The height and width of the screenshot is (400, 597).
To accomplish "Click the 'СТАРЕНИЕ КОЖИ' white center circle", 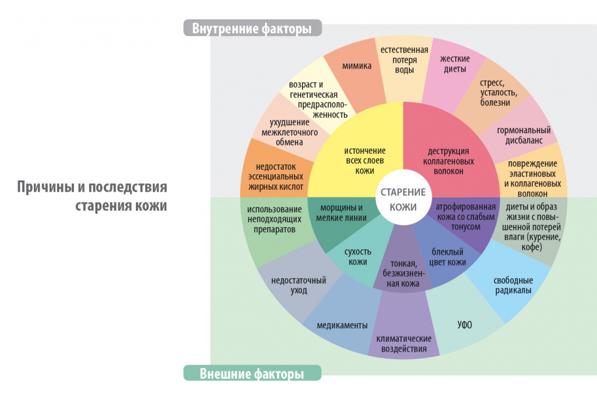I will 403,199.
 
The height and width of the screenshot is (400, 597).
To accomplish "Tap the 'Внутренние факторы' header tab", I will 252,28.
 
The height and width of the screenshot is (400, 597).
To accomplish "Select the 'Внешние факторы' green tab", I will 252,373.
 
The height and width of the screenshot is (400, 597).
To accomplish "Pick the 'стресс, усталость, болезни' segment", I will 495,93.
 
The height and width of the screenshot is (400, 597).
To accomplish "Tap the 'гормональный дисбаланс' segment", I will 524,134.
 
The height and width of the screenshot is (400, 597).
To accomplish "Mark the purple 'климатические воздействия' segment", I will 403,343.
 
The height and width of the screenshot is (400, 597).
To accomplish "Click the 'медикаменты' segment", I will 342,324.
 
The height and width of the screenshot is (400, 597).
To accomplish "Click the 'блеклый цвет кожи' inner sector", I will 448,256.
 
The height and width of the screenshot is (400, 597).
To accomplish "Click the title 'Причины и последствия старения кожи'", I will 92,196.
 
